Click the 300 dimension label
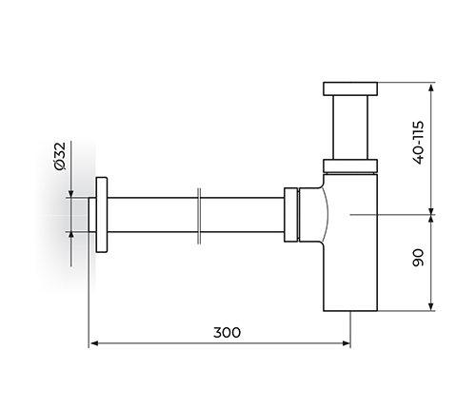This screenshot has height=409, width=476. pyautogui.click(x=227, y=332)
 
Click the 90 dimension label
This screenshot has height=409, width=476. pyautogui.click(x=419, y=258)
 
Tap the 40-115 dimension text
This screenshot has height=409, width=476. pyautogui.click(x=419, y=143)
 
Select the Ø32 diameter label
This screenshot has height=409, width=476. pyautogui.click(x=60, y=156)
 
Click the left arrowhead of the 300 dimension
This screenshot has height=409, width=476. pyautogui.click(x=93, y=343)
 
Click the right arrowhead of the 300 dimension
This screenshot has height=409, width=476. pyautogui.click(x=346, y=343)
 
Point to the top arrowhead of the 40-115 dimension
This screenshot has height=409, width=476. pyautogui.click(x=430, y=88)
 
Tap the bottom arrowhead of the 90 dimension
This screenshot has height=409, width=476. pyautogui.click(x=430, y=306)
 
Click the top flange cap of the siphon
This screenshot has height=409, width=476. pyautogui.click(x=350, y=88)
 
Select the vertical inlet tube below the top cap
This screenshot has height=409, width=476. pyautogui.click(x=350, y=127)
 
